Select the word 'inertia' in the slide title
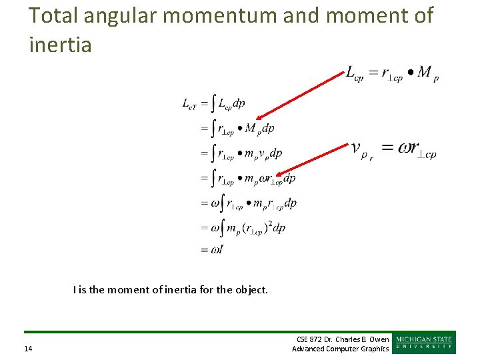[61, 45]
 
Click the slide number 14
[27, 349]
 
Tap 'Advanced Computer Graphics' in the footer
[341, 349]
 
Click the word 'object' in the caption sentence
[250, 290]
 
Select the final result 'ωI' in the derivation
[217, 250]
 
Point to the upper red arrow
[299, 94]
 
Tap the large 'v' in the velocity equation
[357, 147]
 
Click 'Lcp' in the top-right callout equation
[354, 73]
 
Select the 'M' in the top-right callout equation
[424, 72]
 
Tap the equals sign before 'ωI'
[203, 251]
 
